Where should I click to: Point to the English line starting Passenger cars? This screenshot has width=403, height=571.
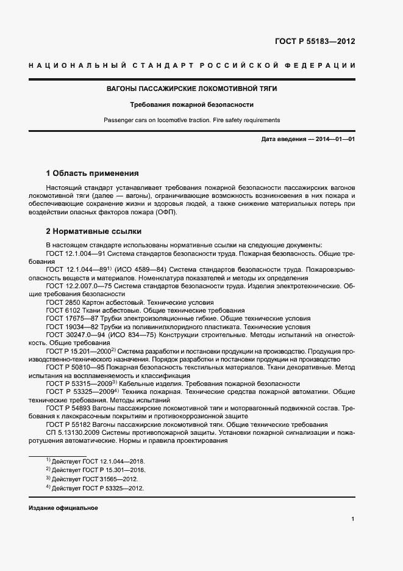192,120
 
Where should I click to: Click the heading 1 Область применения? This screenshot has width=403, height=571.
93,173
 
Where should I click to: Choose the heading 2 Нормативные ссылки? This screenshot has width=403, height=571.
94,231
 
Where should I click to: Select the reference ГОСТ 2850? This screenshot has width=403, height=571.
63,302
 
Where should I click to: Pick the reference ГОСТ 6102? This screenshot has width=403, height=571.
63,310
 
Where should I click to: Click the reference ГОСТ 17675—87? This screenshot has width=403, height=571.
72,318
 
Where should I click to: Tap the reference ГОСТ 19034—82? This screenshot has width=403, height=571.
72,327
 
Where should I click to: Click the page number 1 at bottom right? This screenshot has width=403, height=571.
353,519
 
